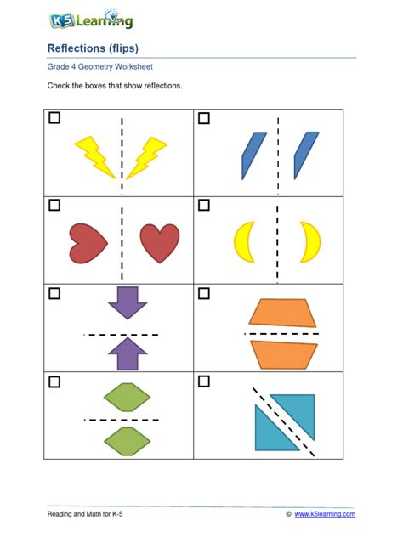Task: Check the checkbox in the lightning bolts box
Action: tap(55, 119)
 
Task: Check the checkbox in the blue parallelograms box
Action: tap(204, 119)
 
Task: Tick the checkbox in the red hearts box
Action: tap(55, 206)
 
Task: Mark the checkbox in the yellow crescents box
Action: tap(204, 206)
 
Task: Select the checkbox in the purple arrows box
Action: tap(55, 294)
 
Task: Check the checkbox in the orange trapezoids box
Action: tap(204, 294)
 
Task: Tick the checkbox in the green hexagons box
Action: tap(55, 382)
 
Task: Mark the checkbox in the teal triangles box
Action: tap(204, 382)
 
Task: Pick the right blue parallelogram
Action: tap(306, 155)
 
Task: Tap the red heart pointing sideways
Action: tap(88, 243)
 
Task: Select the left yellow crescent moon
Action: tap(244, 241)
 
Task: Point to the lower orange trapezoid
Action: tap(284, 354)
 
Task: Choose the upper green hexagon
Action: tap(127, 397)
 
